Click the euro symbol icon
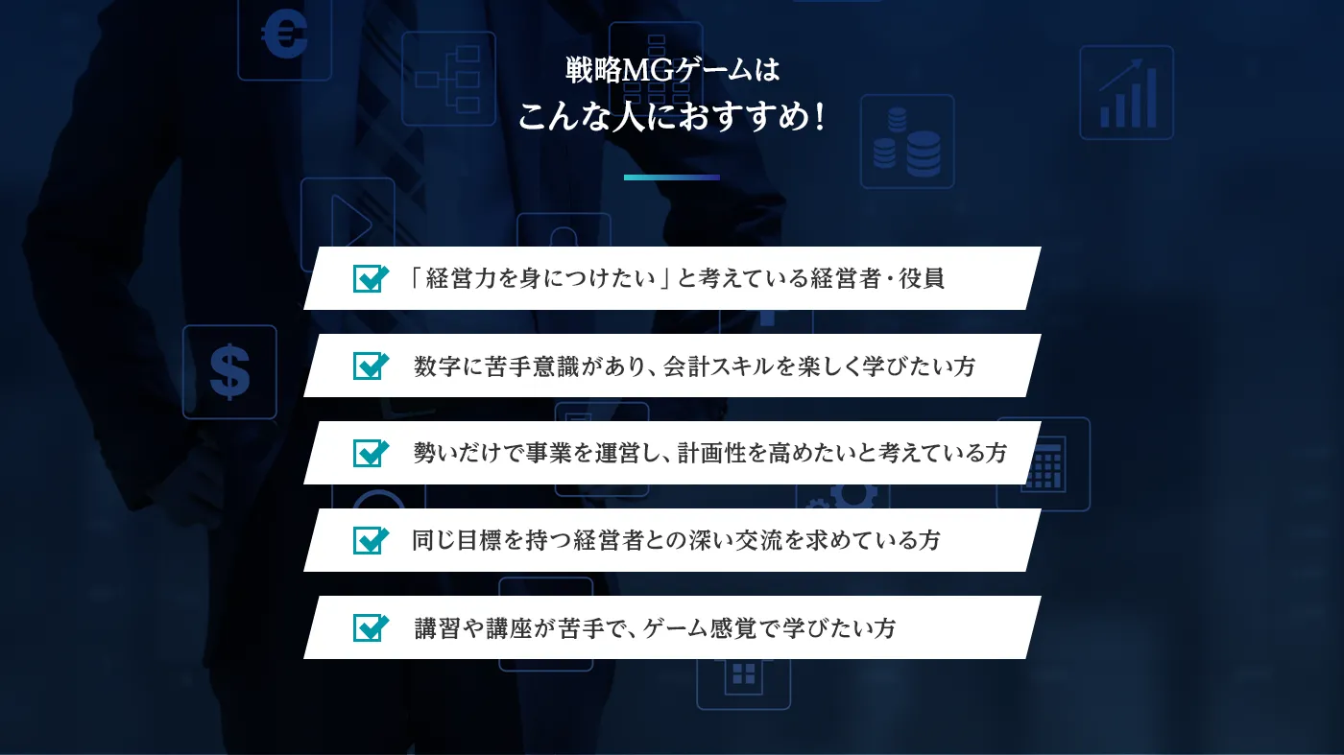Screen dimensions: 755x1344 click(x=284, y=36)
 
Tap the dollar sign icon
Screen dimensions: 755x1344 click(x=229, y=371)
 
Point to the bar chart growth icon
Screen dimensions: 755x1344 click(x=1126, y=93)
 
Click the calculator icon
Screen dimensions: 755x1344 click(x=1044, y=464)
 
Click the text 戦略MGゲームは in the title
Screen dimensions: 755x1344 click(x=672, y=72)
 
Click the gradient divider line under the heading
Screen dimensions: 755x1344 click(x=671, y=177)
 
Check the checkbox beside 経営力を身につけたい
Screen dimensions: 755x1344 click(x=370, y=278)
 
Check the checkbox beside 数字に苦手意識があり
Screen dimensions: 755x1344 click(x=370, y=366)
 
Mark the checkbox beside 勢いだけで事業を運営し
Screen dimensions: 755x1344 click(x=370, y=453)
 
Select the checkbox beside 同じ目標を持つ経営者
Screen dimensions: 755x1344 click(x=370, y=540)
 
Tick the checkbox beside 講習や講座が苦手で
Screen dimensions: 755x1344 click(x=370, y=627)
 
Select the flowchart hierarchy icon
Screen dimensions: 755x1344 click(x=448, y=79)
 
